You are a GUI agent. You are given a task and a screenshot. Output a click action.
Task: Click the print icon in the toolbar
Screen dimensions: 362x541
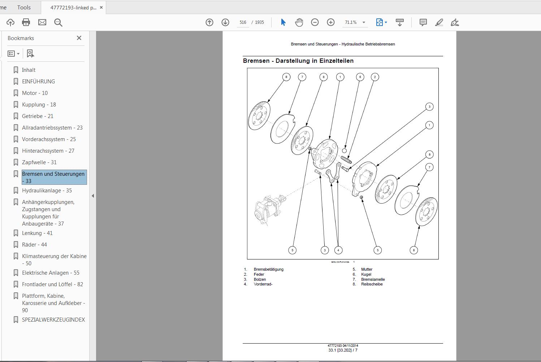[26, 22]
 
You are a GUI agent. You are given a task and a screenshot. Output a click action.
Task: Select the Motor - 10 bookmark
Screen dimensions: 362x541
[35, 93]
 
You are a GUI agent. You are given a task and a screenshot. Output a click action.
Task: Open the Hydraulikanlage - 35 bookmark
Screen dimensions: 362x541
[47, 191]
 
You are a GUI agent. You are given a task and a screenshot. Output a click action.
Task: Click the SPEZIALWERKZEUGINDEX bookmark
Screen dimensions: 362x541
[53, 320]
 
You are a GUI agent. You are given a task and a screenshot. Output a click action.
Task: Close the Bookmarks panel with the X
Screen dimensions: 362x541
[79, 38]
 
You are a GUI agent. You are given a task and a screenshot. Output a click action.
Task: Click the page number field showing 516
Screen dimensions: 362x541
[243, 22]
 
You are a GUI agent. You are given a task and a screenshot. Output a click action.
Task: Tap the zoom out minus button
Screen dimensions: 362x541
[315, 22]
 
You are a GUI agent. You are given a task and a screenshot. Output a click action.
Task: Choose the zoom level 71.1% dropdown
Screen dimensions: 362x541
[355, 22]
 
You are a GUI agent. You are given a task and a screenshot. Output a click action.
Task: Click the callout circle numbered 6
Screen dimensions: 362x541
[360, 77]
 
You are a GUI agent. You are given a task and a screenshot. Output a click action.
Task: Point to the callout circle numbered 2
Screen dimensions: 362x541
[375, 77]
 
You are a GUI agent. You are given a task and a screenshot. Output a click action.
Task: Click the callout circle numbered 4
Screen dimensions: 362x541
[338, 250]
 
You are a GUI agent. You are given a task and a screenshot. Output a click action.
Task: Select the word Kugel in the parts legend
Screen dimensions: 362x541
[366, 274]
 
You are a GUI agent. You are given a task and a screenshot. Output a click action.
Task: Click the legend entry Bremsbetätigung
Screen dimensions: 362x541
[268, 269]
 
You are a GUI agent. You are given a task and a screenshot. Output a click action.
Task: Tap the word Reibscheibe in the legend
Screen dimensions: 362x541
[372, 284]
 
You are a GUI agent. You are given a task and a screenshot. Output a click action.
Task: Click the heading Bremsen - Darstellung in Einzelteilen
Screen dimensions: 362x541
[298, 61]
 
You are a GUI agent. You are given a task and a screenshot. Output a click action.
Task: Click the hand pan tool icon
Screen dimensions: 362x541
[299, 22]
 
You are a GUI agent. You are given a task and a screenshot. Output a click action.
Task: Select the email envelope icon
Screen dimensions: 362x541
[42, 22]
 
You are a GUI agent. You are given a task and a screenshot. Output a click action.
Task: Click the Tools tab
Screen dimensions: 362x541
[24, 7]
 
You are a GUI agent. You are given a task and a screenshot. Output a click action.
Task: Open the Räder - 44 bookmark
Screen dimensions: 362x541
[34, 245]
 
